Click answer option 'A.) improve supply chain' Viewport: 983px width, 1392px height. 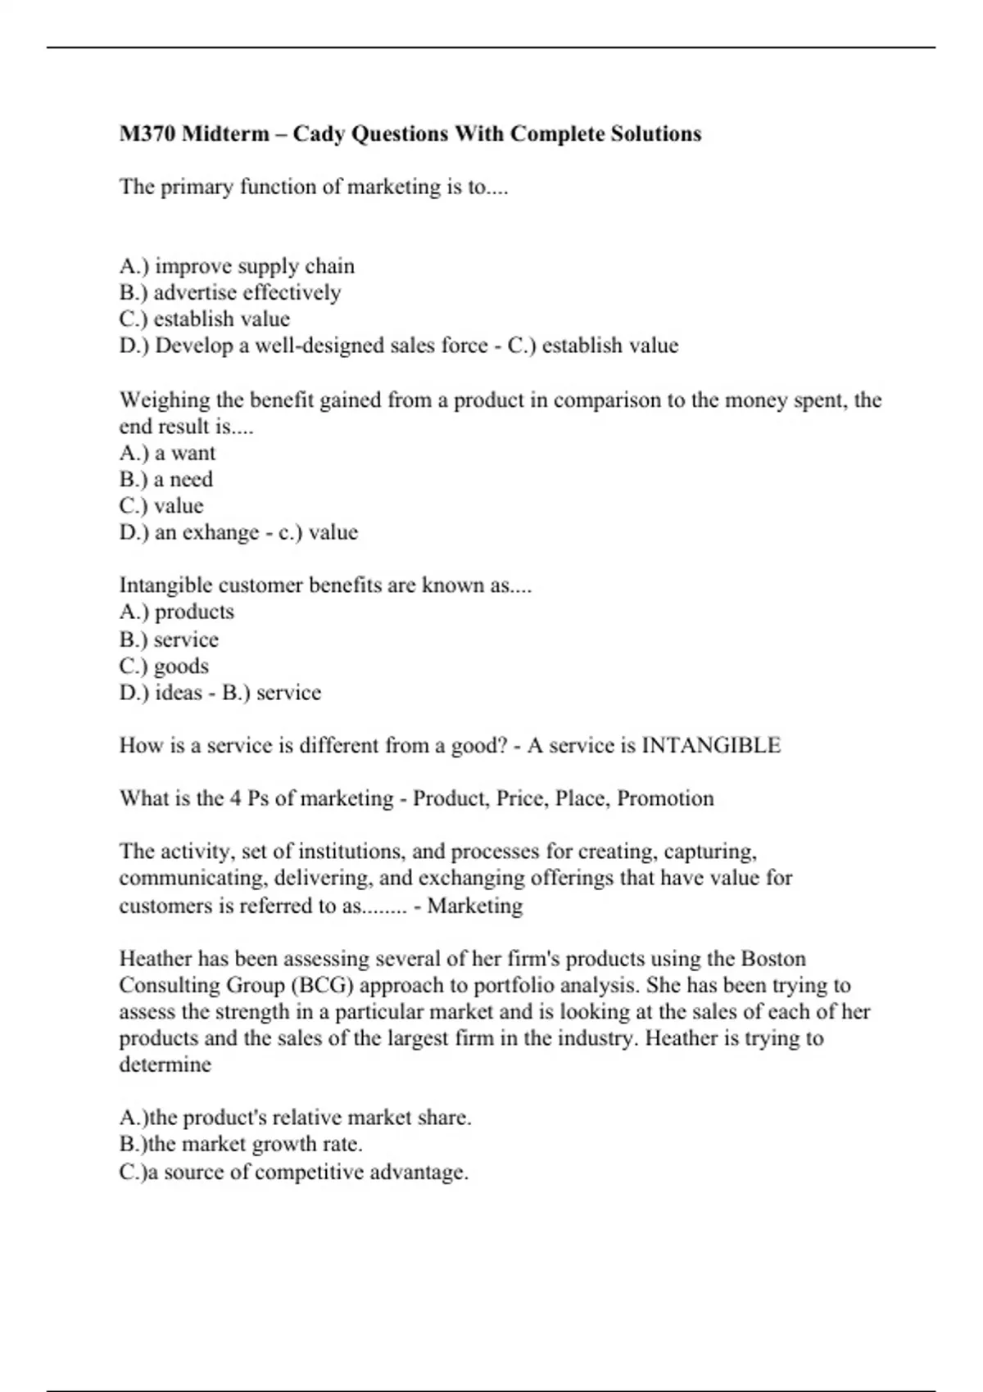click(x=237, y=266)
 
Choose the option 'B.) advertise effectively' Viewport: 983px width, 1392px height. click(x=229, y=292)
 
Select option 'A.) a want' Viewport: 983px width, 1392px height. click(x=167, y=453)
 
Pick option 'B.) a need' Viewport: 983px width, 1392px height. click(x=165, y=479)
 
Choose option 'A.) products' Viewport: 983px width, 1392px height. click(x=176, y=612)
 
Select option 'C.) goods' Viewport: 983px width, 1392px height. click(x=164, y=666)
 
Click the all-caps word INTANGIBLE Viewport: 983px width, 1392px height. click(x=710, y=745)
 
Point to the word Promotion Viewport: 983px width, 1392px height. click(x=665, y=798)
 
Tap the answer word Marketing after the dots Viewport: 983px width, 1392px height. click(x=475, y=906)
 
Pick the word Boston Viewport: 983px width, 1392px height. click(x=773, y=959)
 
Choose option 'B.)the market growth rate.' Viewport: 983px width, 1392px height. click(x=241, y=1144)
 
